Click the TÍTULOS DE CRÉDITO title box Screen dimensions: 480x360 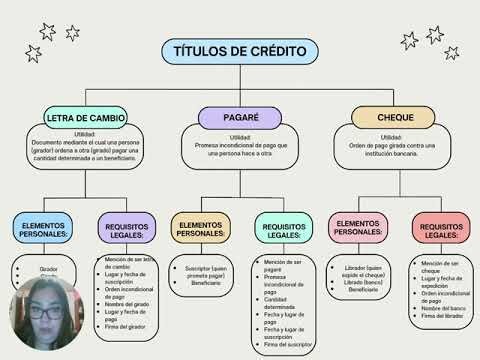click(240, 52)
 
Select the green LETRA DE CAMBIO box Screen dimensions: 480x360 click(85, 118)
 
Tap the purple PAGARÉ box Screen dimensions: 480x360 click(239, 118)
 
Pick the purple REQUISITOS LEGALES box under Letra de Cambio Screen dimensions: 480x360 click(128, 232)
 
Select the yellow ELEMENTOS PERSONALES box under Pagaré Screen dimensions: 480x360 click(199, 230)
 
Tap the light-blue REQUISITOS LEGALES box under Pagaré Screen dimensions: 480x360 click(284, 232)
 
